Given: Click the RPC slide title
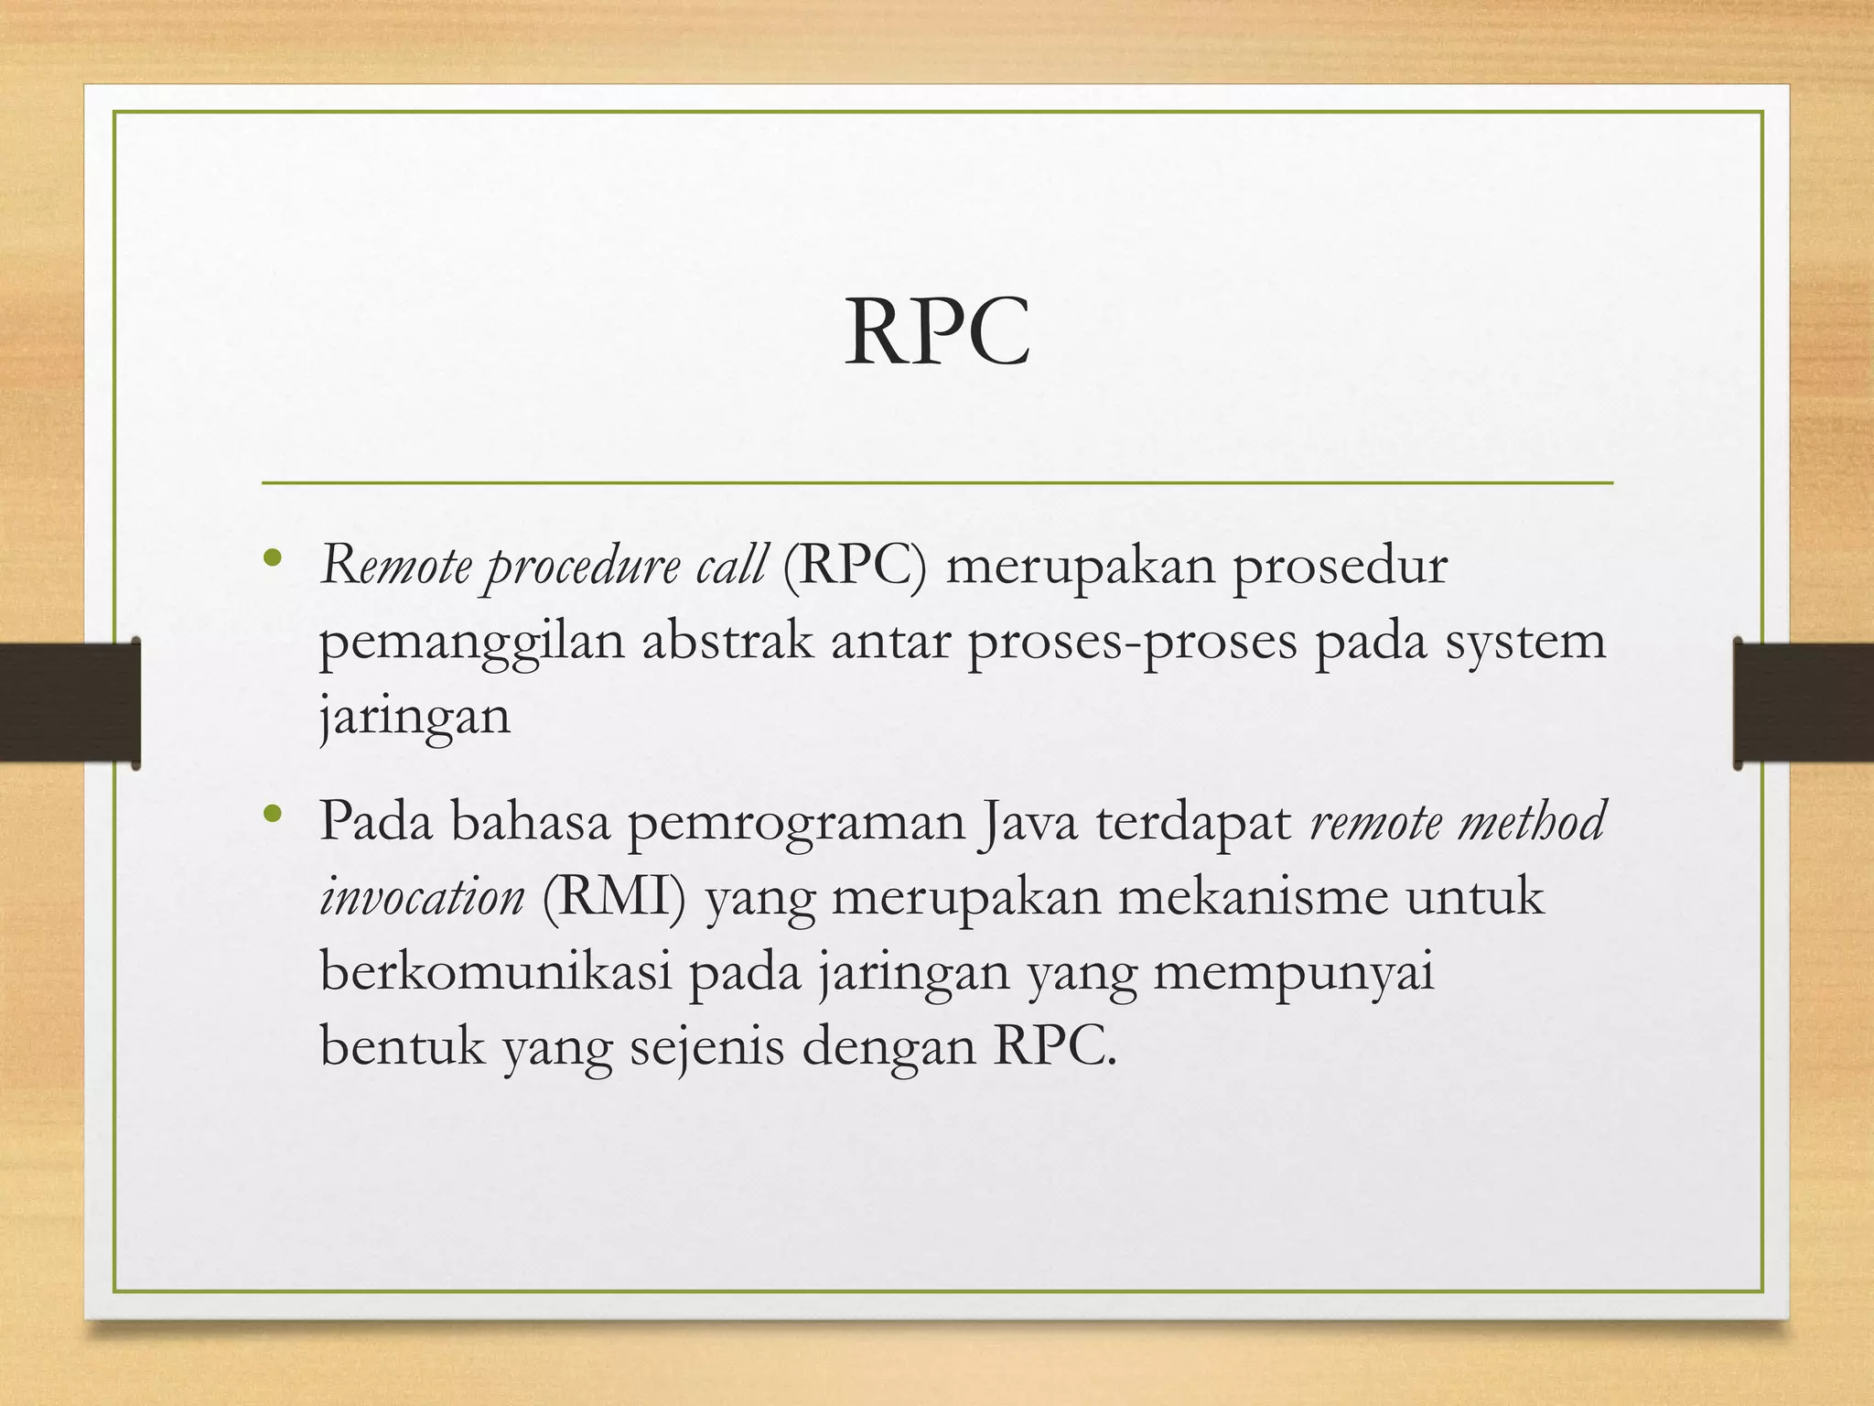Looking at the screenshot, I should [937, 331].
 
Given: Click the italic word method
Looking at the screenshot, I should [1531, 820].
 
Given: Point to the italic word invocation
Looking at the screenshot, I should [422, 897].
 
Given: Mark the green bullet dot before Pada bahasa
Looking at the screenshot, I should [270, 813].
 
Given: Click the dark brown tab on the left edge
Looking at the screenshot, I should [70, 703].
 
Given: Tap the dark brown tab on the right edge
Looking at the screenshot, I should [1804, 703].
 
